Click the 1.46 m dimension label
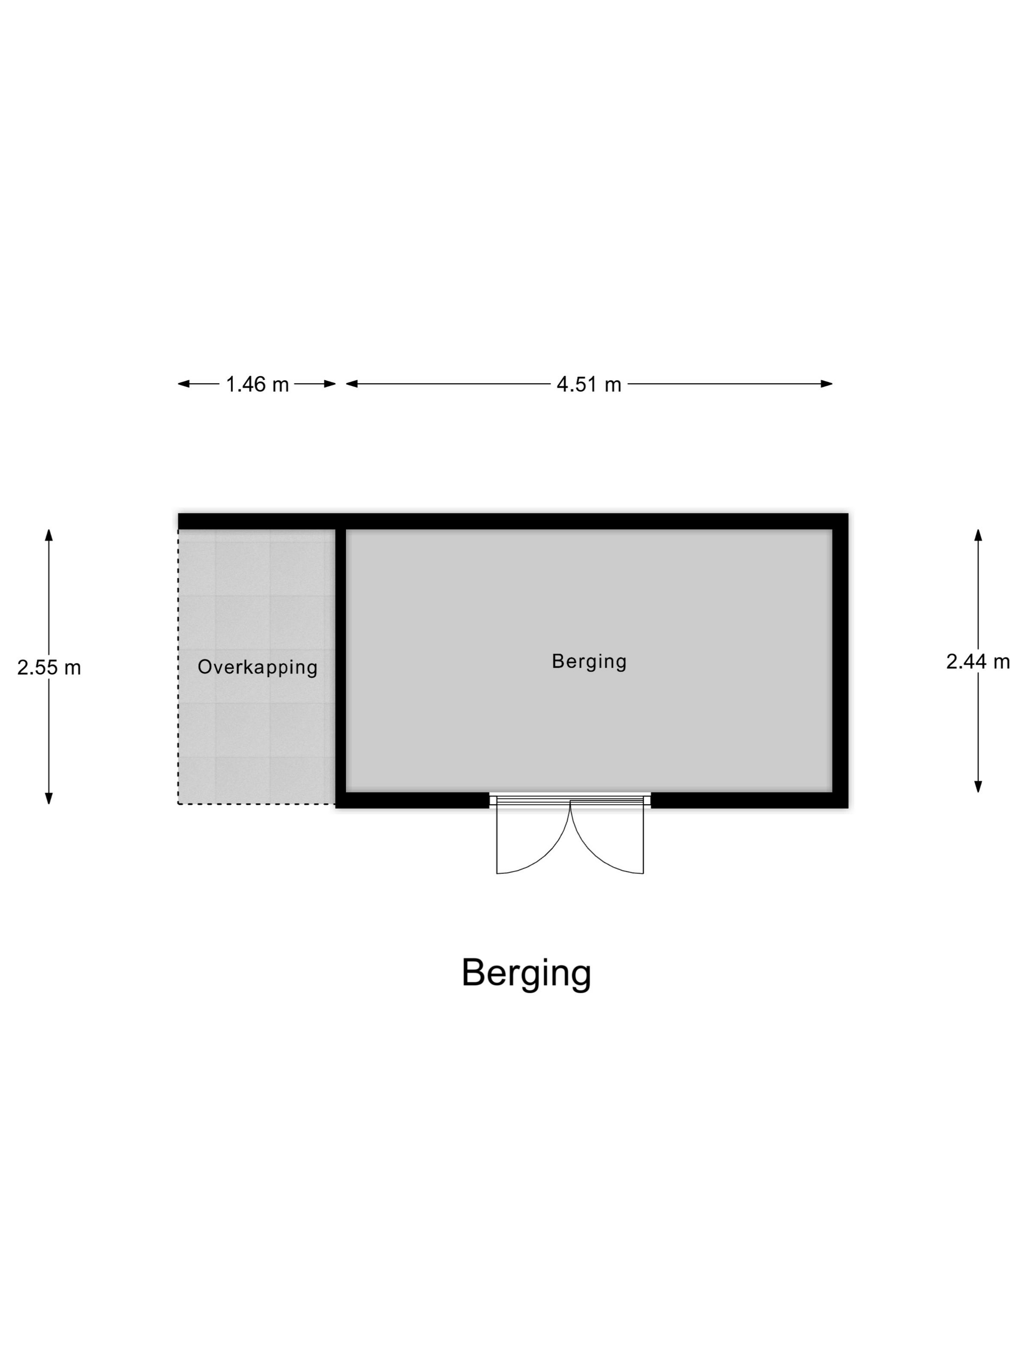click(257, 384)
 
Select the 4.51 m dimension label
click(588, 384)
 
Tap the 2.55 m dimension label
click(49, 667)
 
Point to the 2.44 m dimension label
click(978, 662)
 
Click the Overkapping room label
click(258, 667)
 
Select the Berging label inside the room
click(589, 662)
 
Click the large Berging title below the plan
click(526, 973)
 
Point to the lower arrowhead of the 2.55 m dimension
click(49, 798)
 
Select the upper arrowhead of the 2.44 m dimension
click(978, 535)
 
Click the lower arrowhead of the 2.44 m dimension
click(978, 786)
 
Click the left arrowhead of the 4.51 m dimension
click(352, 384)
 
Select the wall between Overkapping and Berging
click(340, 668)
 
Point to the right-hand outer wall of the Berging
click(840, 661)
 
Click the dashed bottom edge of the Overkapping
click(257, 804)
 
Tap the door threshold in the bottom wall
click(570, 800)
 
